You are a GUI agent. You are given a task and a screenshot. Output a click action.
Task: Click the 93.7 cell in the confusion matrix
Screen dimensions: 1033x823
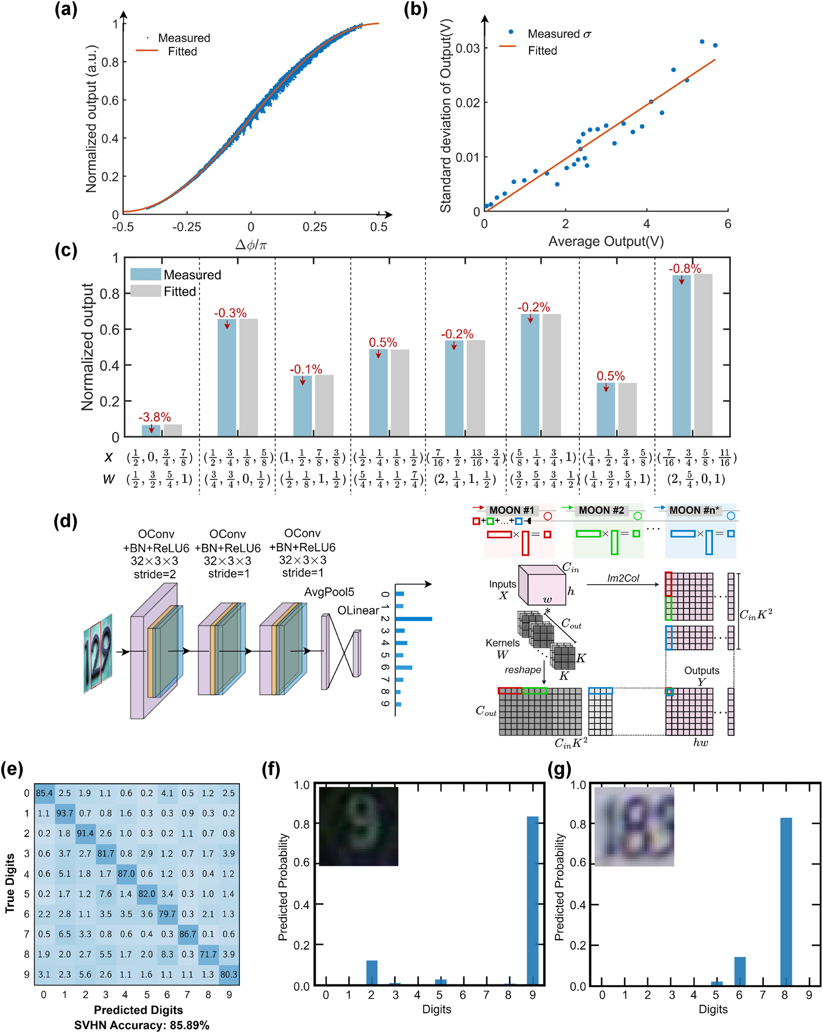(x=65, y=813)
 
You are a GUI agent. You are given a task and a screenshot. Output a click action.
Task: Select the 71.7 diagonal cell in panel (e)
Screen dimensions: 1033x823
(x=208, y=954)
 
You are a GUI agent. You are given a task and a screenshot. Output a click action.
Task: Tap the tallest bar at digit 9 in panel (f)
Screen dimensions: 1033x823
(x=532, y=901)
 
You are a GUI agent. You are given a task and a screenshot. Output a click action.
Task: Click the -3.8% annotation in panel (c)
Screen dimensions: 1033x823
(x=154, y=417)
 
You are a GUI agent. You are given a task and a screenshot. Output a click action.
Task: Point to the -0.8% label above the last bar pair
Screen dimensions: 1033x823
(x=685, y=269)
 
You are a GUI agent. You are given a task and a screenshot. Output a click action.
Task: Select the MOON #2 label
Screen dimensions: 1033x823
(x=601, y=510)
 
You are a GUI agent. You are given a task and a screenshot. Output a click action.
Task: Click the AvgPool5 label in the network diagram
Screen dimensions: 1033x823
(x=329, y=592)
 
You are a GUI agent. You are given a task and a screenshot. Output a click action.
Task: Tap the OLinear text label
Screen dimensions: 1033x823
(x=358, y=611)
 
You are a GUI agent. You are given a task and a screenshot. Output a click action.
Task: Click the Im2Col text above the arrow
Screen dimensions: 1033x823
(x=623, y=578)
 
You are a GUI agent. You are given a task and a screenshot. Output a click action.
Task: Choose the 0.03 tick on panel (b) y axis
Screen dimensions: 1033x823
(x=467, y=48)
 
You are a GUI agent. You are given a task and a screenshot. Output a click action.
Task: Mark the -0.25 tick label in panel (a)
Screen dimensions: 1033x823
(x=186, y=227)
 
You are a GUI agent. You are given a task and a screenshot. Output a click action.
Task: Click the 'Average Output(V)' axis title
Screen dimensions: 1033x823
(x=606, y=241)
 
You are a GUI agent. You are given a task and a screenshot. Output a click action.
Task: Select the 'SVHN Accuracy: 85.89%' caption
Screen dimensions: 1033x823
(x=141, y=1025)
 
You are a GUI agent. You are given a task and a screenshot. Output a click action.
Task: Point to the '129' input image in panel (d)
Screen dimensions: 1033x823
(x=98, y=654)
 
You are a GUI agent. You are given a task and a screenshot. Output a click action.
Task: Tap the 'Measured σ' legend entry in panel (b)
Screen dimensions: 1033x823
(x=559, y=34)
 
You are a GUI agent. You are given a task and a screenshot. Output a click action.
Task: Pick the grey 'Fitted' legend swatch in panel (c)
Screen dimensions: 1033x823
(x=146, y=291)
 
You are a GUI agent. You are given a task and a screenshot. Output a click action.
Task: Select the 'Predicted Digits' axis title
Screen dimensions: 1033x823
(x=138, y=1010)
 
